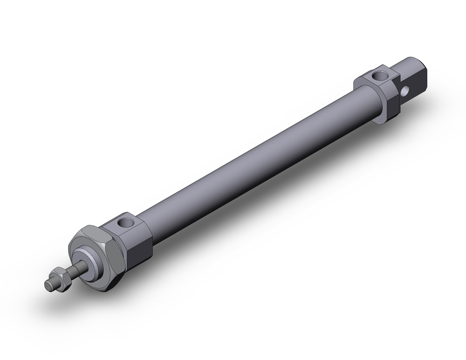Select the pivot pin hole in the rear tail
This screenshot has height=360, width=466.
(406, 88)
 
